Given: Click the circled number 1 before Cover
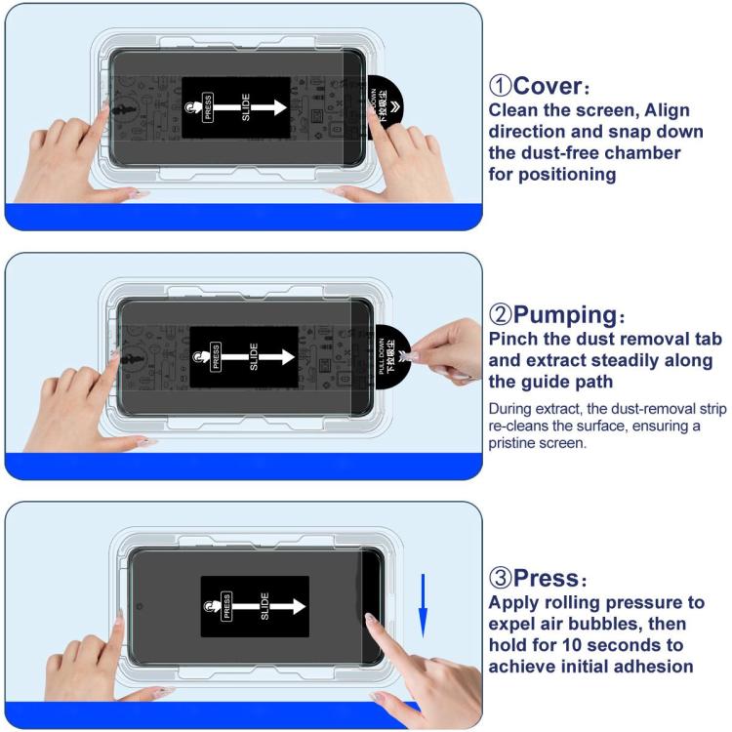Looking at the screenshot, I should tap(501, 85).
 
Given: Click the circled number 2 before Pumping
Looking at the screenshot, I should tap(501, 315).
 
